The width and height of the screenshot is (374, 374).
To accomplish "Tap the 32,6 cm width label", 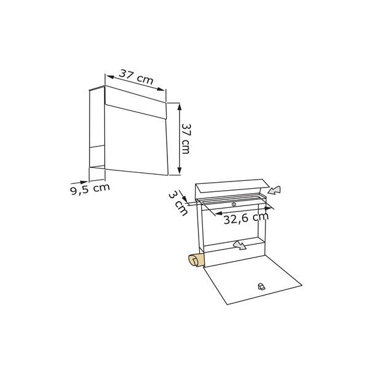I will [x=245, y=219].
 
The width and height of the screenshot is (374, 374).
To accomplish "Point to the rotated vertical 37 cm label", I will [x=186, y=139].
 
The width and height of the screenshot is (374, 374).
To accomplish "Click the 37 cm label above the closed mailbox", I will [x=135, y=77].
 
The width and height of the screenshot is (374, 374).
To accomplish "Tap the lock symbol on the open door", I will [x=262, y=286].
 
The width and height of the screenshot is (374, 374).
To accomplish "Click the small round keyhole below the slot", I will [x=234, y=204].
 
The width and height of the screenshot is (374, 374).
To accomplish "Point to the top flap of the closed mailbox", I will [x=136, y=101].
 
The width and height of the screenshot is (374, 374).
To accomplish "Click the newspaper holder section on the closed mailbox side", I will [x=97, y=156].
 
